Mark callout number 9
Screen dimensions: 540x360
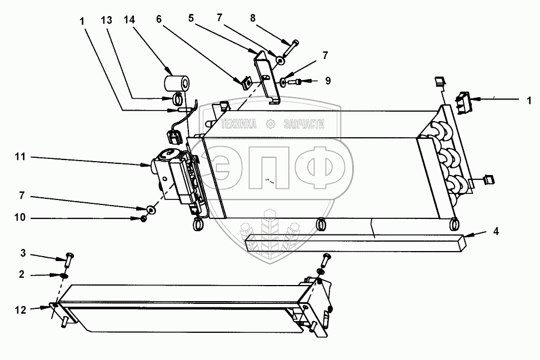(328, 81)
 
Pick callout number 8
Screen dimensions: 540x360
(253, 18)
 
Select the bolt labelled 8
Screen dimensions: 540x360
(289, 48)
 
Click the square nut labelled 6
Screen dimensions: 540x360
(244, 83)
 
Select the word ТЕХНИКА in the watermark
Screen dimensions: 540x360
(239, 124)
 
